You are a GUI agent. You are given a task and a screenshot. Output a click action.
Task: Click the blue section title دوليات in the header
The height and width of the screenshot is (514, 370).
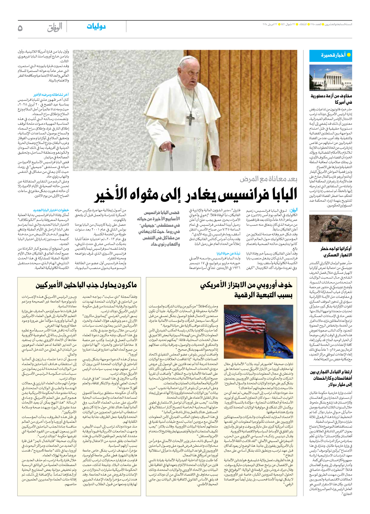point(96,27)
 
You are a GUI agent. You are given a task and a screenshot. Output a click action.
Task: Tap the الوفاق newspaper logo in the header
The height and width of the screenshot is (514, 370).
point(55,28)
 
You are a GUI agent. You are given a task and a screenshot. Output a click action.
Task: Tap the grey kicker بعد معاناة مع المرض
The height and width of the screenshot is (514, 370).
point(268,179)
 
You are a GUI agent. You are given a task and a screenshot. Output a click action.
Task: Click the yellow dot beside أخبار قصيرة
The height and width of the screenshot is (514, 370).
point(349,55)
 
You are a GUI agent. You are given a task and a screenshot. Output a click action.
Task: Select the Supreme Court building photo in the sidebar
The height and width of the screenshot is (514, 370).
point(330,78)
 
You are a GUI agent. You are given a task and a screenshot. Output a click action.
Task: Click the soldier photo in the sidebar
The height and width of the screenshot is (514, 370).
point(330,229)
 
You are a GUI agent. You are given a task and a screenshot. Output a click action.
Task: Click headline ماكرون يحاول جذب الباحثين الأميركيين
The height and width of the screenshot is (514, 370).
point(86,285)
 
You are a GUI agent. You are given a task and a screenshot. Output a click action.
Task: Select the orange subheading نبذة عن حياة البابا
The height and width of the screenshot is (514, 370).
point(228,253)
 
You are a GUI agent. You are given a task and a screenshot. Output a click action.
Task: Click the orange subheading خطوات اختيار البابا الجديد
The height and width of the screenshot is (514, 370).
point(51,210)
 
